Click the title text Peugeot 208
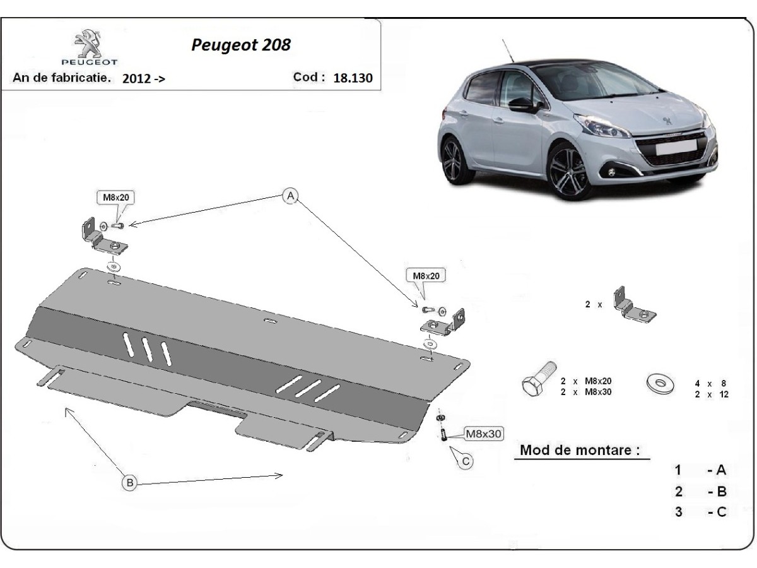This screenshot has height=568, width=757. [241, 45]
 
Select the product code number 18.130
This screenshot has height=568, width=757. [353, 78]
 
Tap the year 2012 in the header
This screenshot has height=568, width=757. [136, 79]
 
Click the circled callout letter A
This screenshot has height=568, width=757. [290, 196]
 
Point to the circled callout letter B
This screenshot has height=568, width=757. [130, 482]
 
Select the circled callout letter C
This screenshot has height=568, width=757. [466, 461]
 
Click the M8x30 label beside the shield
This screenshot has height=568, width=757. [483, 434]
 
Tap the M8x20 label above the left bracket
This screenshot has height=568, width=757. [116, 198]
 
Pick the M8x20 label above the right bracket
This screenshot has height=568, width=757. [426, 276]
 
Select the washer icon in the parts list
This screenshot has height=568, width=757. [660, 383]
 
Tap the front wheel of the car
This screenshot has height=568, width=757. [567, 172]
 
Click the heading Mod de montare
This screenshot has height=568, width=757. [579, 450]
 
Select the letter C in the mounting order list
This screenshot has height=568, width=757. [721, 512]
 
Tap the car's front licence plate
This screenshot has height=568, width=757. [676, 148]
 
